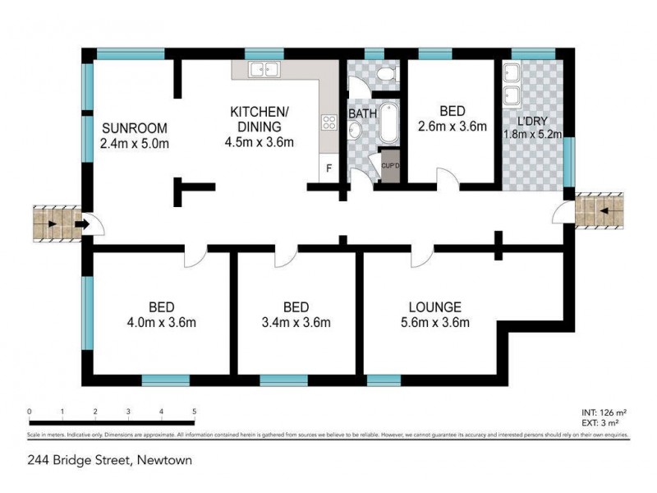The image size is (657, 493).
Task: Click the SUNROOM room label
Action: point(135,128)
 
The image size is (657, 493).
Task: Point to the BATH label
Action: point(361,113)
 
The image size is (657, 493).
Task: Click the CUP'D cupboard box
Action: point(390,165)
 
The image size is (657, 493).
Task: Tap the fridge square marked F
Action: point(329,169)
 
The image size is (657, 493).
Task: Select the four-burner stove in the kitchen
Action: point(329,123)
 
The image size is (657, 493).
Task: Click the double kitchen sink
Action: point(264,70)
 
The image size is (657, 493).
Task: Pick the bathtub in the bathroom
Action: point(389,123)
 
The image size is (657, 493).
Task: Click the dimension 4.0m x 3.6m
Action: point(163,322)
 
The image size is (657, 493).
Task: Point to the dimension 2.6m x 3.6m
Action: point(452,127)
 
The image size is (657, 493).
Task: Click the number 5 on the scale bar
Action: point(194,412)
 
